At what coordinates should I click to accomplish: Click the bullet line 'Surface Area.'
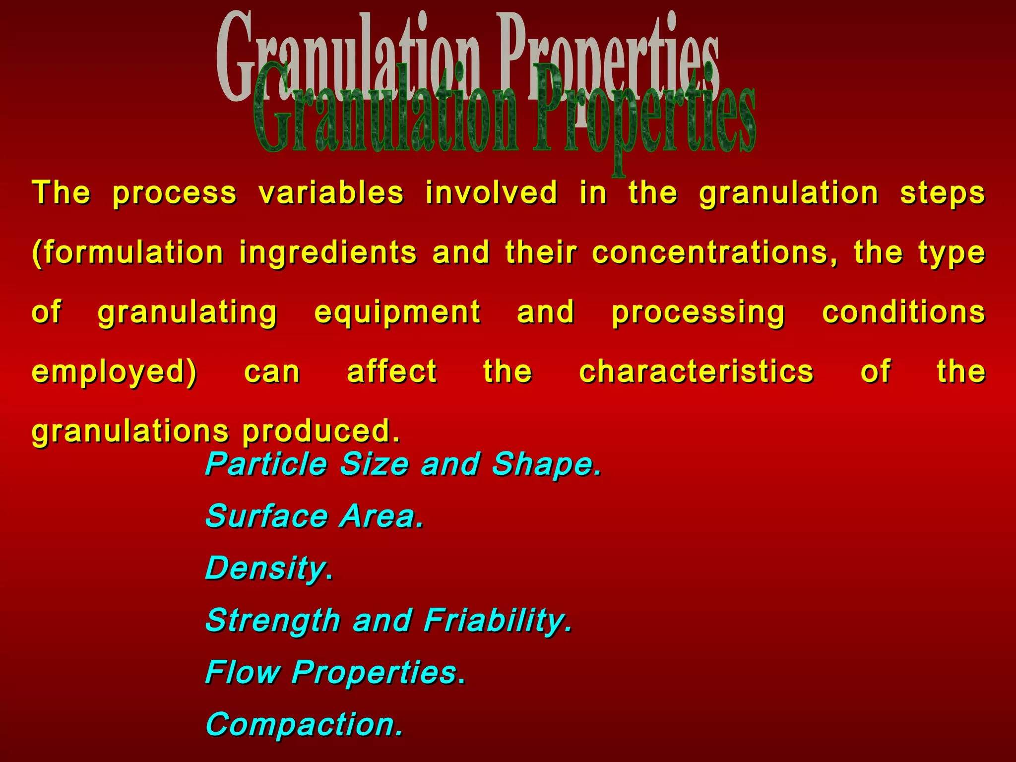[x=315, y=516]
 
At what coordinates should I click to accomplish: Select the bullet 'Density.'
[x=268, y=569]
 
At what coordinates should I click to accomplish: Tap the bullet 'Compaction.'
[x=304, y=725]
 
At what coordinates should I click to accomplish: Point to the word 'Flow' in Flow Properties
[x=243, y=673]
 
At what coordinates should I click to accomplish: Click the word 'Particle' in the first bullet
[x=266, y=464]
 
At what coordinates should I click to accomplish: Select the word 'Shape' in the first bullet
[x=546, y=464]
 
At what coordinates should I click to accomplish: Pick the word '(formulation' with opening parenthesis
[x=127, y=253]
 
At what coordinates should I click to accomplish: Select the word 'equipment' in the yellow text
[x=397, y=313]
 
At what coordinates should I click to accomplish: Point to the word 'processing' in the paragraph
[x=698, y=313]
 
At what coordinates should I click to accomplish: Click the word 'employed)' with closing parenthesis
[x=114, y=372]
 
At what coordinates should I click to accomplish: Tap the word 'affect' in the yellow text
[x=391, y=372]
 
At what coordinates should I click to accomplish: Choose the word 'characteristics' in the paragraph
[x=696, y=372]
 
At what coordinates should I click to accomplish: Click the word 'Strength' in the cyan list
[x=273, y=621]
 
